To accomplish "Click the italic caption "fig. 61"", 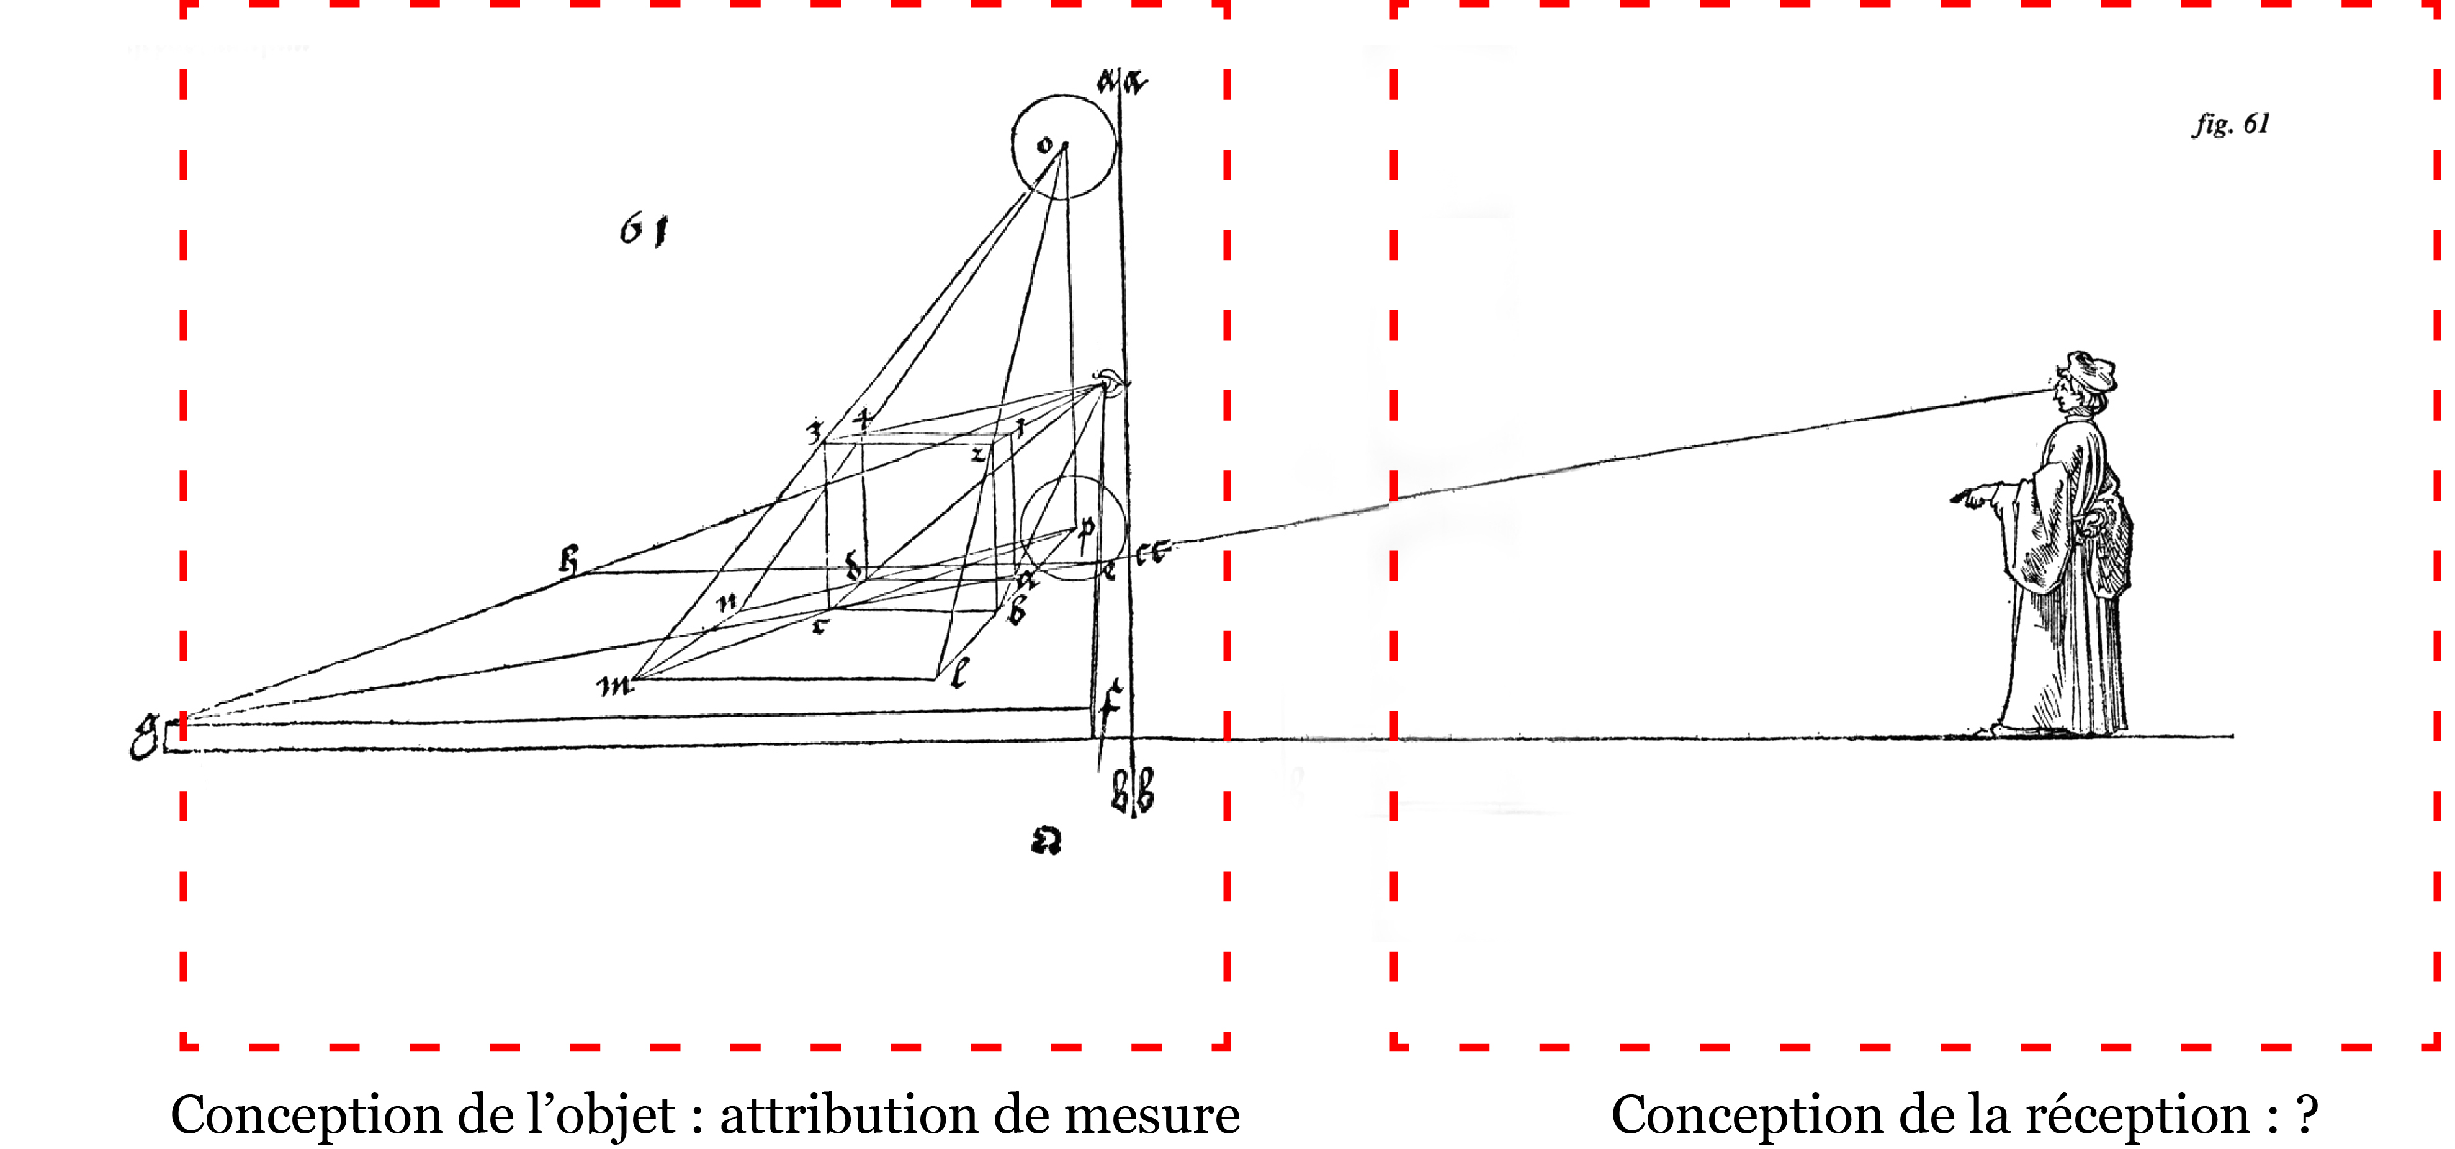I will (x=2230, y=125).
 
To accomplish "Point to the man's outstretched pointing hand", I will (x=1970, y=498).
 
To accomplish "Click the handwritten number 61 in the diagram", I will (x=644, y=230).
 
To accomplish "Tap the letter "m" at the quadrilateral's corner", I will (x=615, y=685).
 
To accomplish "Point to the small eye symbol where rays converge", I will (x=1110, y=382).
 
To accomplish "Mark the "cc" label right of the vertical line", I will (x=1151, y=553).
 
